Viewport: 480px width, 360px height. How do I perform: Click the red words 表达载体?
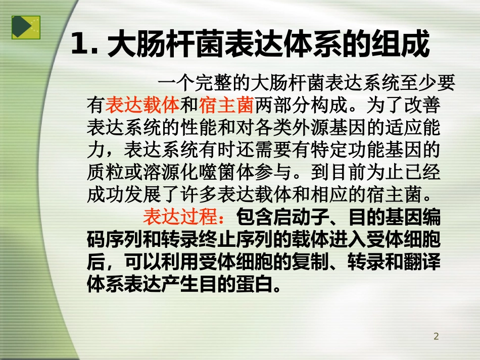143,106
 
